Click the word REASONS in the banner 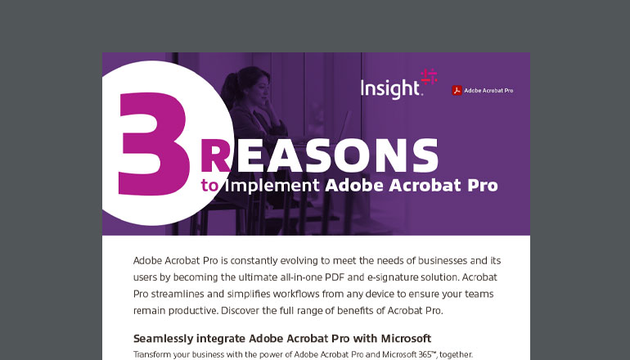[319, 156]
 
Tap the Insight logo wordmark [391, 89]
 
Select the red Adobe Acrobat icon [457, 90]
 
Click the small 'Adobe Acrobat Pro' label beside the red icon [488, 90]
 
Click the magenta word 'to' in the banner [210, 186]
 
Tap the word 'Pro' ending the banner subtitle [480, 185]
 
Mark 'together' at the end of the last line [454, 354]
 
